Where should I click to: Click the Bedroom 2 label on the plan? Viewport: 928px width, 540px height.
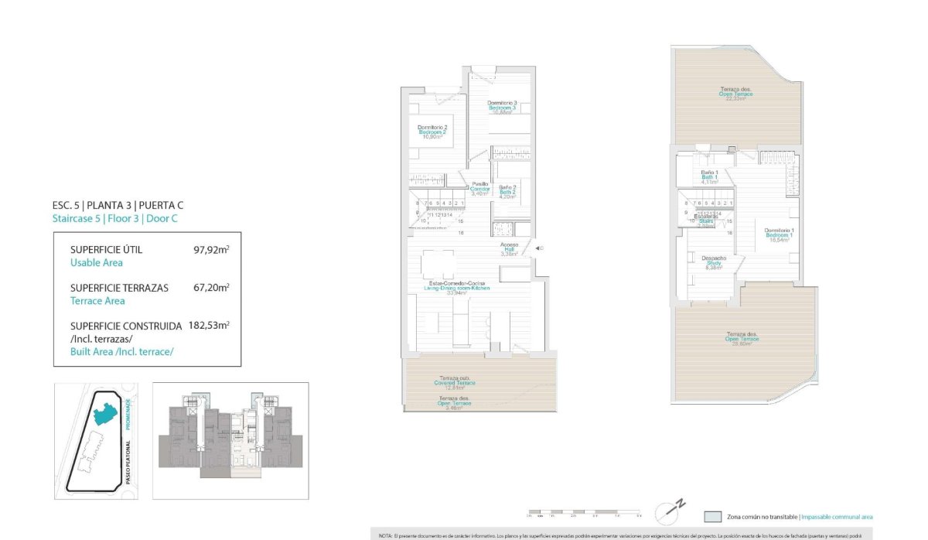pos(433,132)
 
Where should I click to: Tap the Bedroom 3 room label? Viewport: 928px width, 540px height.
pos(502,108)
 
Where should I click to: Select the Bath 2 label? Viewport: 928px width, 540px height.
pos(507,192)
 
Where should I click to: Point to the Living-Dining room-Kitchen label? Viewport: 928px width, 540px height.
pos(459,289)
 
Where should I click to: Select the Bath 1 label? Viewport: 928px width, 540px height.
pos(710,177)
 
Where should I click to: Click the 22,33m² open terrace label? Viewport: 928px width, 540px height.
pos(735,94)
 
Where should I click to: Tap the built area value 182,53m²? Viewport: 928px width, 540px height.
pos(208,326)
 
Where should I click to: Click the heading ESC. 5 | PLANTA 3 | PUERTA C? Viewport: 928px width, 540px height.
pos(118,205)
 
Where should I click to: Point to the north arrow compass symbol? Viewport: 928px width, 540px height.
pos(670,511)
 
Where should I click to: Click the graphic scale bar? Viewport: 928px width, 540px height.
pos(584,513)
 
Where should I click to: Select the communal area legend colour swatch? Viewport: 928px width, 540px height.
pos(712,516)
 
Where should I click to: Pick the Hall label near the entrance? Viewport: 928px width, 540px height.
pos(508,249)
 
